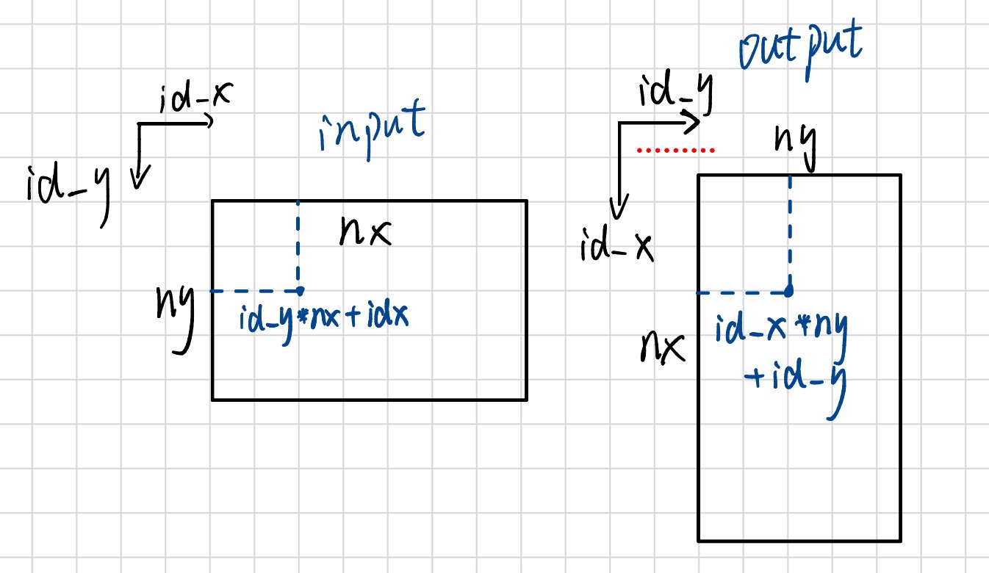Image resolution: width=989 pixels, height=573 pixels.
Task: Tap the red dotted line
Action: [675, 151]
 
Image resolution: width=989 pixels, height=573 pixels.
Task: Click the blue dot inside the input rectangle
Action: [298, 291]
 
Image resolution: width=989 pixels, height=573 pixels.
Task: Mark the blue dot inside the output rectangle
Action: [788, 292]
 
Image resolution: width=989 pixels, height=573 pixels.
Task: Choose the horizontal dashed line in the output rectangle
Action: [742, 292]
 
